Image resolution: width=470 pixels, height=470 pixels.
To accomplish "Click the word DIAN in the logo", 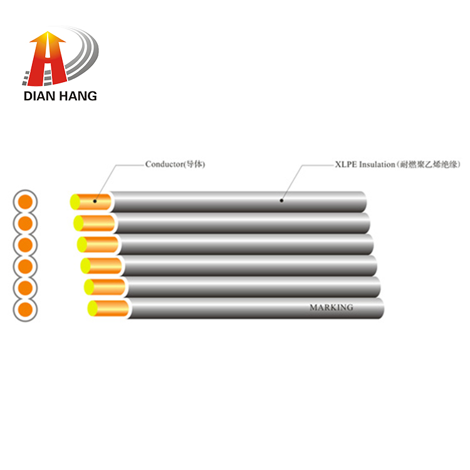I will tap(39, 96).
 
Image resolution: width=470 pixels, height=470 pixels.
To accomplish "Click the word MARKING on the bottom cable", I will tap(332, 308).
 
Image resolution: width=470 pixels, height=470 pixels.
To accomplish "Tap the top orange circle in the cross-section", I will tap(26, 202).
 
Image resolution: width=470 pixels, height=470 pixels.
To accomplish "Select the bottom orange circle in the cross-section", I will tap(26, 310).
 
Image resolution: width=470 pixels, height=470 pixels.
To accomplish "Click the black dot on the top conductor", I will tap(95, 201).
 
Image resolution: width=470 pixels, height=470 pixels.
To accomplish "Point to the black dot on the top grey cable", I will tap(281, 201).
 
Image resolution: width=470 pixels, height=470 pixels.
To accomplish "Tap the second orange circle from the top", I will tap(26, 223).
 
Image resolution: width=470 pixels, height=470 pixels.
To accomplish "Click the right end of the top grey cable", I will tap(363, 201).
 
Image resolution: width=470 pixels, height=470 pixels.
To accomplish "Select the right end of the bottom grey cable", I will tap(380, 308).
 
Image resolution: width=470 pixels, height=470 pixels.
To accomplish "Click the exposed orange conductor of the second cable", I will tap(98, 223).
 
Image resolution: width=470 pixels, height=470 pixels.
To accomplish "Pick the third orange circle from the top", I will tap(26, 245).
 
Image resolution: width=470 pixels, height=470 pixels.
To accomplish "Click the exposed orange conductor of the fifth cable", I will tap(109, 287).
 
